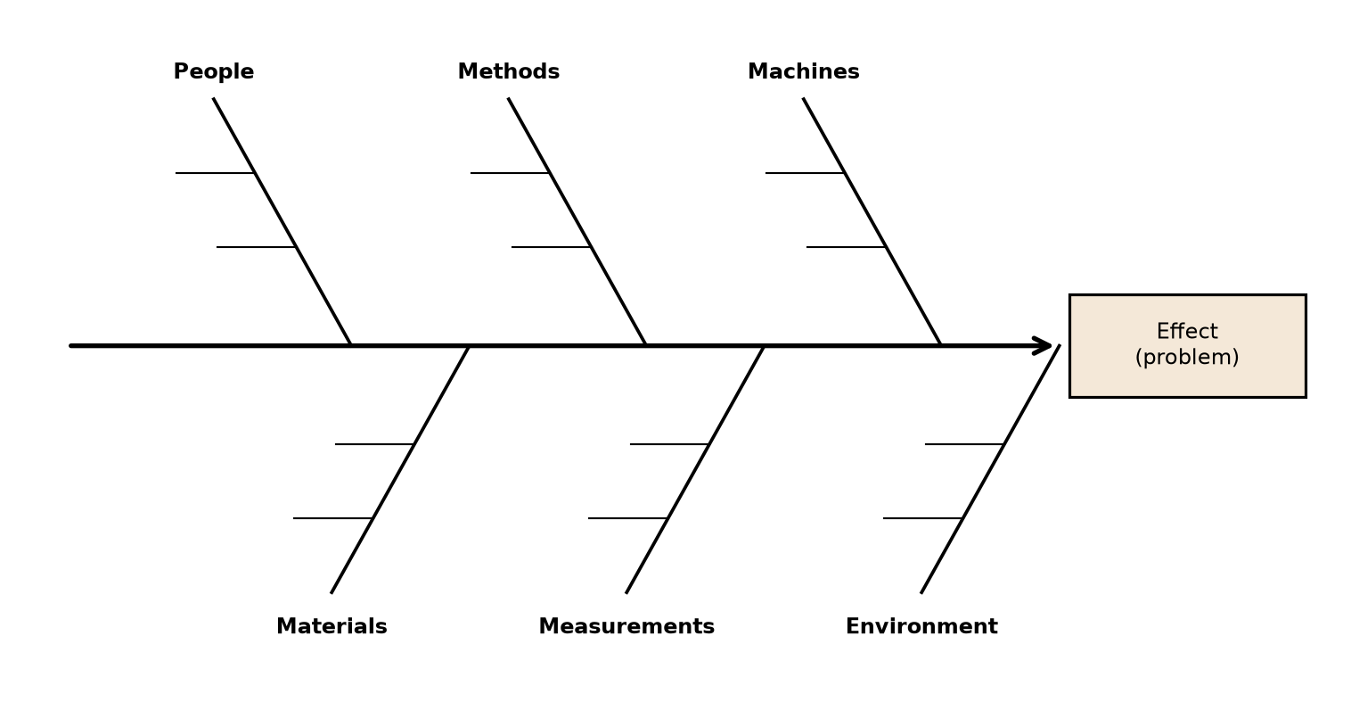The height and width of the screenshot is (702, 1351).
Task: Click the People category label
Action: (214, 72)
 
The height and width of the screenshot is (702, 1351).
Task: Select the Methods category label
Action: (509, 72)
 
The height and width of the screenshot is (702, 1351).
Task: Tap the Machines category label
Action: (803, 72)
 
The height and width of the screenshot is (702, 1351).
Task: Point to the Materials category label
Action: (332, 626)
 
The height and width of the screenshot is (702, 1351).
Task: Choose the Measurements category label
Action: (626, 626)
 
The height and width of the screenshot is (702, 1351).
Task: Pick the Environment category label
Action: (921, 626)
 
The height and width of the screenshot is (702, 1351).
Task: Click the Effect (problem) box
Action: (1188, 346)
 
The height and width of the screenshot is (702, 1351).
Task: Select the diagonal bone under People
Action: (282, 221)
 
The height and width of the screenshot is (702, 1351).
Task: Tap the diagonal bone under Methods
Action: (577, 221)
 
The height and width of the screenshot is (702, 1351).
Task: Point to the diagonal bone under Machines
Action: (872, 221)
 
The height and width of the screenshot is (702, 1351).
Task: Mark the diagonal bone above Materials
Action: (400, 469)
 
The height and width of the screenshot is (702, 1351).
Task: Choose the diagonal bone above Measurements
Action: (695, 469)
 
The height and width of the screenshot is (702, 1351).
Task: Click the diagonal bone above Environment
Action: (990, 469)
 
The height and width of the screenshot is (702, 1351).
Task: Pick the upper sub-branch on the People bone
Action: (215, 173)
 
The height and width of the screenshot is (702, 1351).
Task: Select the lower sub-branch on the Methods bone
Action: (551, 247)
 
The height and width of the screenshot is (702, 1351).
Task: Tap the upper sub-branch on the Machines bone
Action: (805, 173)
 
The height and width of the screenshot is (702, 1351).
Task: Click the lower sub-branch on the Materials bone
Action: (332, 518)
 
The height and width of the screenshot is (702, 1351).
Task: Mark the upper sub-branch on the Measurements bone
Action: (669, 444)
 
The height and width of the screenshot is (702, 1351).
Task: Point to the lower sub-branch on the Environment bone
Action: (922, 518)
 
